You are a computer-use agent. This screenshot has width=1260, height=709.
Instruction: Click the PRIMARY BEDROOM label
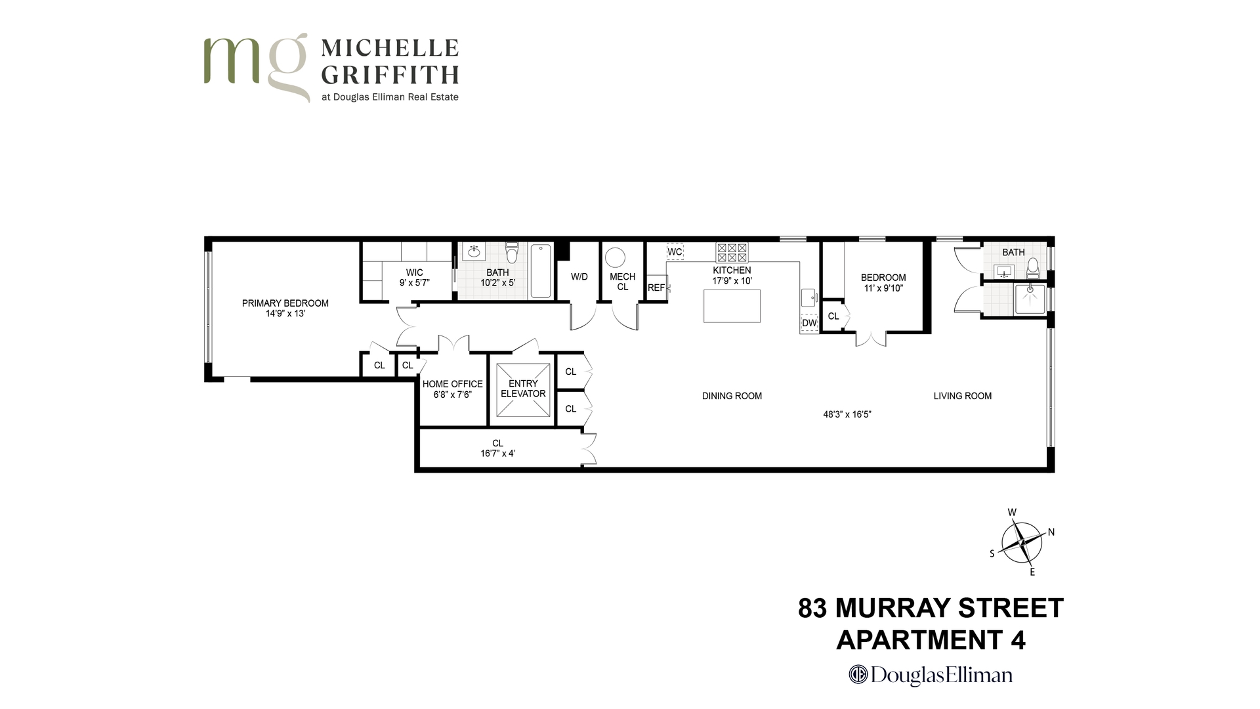[285, 303]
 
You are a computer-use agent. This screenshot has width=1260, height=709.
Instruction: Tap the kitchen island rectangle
[732, 306]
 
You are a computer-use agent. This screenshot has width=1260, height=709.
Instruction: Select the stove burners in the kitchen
[732, 253]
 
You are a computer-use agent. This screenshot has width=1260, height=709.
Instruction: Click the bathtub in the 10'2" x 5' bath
[541, 271]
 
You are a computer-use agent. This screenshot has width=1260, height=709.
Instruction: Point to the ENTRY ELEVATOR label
[523, 389]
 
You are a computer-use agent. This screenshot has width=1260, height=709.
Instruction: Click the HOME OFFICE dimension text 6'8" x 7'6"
[452, 395]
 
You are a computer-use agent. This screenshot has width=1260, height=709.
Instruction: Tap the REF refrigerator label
[656, 288]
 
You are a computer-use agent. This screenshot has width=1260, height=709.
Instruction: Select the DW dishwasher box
[809, 323]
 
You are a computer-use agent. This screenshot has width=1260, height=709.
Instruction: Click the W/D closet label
[579, 277]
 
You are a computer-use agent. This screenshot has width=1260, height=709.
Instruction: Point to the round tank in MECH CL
[615, 257]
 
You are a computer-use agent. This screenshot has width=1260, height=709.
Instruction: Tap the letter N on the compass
[1051, 532]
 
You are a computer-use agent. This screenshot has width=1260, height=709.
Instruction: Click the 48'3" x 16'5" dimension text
[847, 414]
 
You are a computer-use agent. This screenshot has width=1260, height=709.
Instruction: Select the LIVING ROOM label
[962, 396]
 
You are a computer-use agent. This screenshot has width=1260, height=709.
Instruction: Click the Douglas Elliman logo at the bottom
[931, 675]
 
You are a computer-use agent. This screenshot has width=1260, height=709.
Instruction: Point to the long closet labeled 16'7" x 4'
[497, 448]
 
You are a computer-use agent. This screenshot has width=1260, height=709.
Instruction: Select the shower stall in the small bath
[1030, 299]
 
